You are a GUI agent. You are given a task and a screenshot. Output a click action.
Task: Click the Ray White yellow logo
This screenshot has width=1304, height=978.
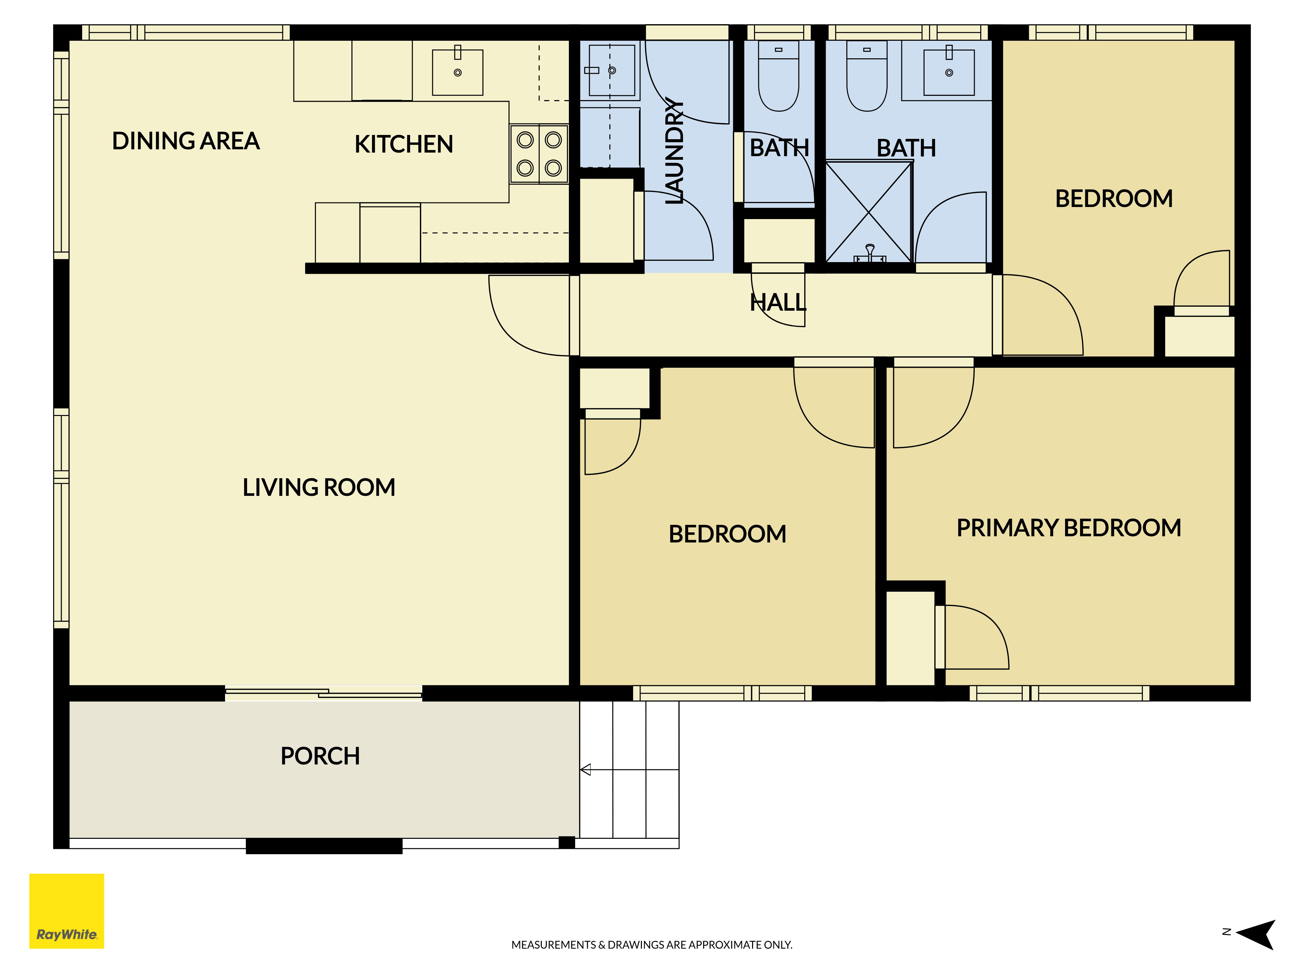(67, 911)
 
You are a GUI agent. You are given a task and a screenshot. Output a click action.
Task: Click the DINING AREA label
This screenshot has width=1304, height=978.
(186, 141)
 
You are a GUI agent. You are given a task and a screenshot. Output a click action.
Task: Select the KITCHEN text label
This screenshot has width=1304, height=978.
(404, 144)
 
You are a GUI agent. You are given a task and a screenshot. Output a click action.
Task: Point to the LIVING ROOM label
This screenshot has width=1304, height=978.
(319, 487)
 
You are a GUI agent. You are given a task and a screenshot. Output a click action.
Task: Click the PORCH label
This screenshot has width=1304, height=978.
(320, 756)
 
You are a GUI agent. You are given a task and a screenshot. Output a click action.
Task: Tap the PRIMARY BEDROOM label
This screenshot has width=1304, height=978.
(1069, 527)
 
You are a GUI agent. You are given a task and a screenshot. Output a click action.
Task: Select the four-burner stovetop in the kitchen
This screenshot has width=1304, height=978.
(539, 154)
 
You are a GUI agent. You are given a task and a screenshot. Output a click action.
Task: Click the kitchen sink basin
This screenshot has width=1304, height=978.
(457, 72)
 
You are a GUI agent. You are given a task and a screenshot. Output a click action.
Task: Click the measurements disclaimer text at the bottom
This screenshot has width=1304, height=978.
(651, 944)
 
